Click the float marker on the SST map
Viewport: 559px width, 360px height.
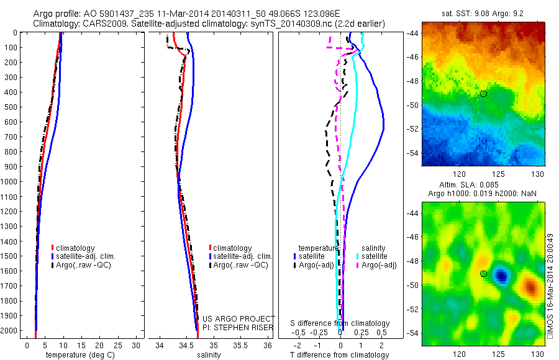pyautogui.click(x=483, y=93)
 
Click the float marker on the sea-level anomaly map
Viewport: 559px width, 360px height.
pyautogui.click(x=483, y=273)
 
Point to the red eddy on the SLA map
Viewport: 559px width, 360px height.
pyautogui.click(x=529, y=286)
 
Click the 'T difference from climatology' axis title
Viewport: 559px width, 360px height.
pyautogui.click(x=340, y=355)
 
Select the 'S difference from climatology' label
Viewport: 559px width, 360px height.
pyautogui.click(x=340, y=323)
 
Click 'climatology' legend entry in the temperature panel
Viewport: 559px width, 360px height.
pyautogui.click(x=77, y=248)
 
